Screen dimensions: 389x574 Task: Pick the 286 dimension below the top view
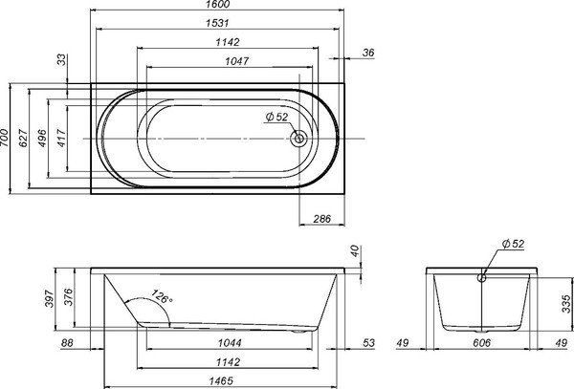[322, 220]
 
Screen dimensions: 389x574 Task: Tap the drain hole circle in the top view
[300, 138]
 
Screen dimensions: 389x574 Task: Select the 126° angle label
[162, 299]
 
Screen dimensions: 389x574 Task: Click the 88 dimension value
[66, 342]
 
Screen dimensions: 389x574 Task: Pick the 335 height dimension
[566, 305]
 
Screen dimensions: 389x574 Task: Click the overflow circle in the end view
[482, 280]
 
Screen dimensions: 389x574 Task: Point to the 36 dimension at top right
[368, 54]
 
